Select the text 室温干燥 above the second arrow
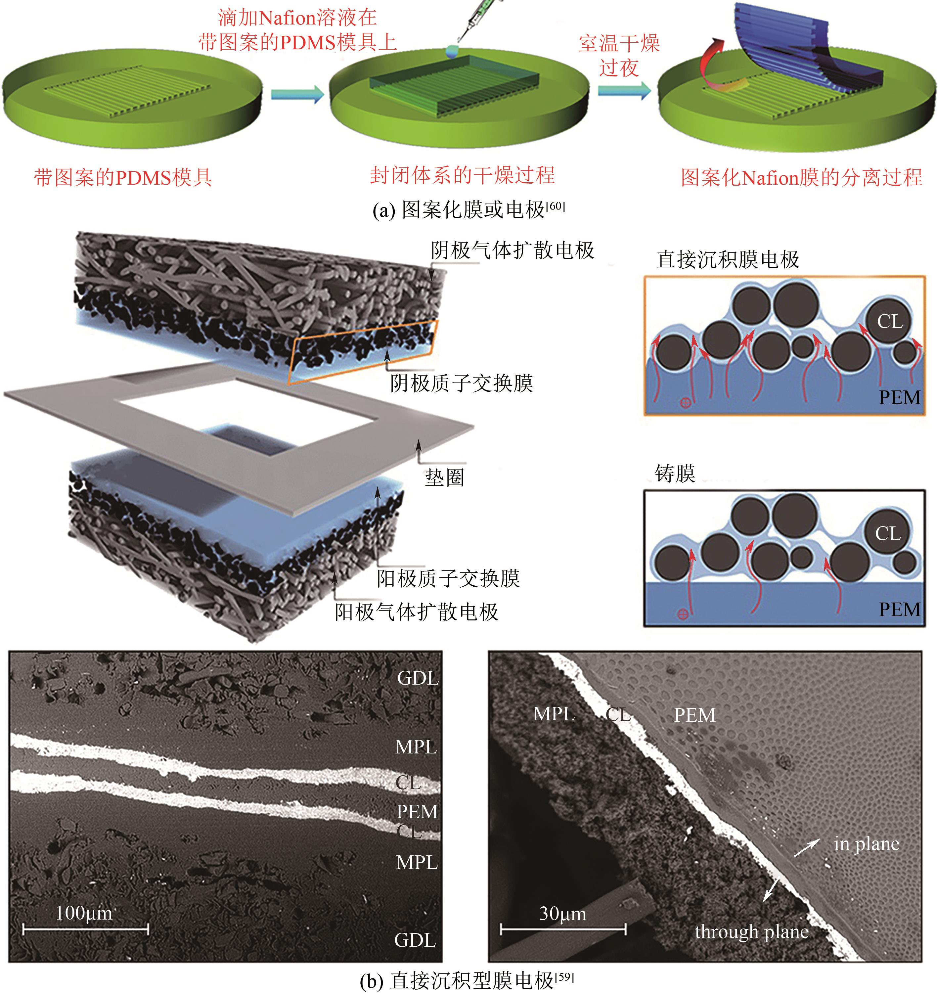tap(619, 43)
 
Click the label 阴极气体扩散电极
tap(513, 250)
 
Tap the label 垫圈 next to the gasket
tap(444, 477)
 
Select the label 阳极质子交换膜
tap(449, 578)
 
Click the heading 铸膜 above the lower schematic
tap(675, 473)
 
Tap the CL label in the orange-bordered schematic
tap(890, 321)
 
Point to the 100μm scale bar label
tap(84, 914)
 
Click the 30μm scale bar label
tap(562, 914)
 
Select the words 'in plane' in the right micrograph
tap(867, 844)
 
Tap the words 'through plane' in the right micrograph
tap(751, 932)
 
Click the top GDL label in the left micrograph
tap(418, 679)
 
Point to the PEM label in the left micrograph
tap(417, 811)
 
